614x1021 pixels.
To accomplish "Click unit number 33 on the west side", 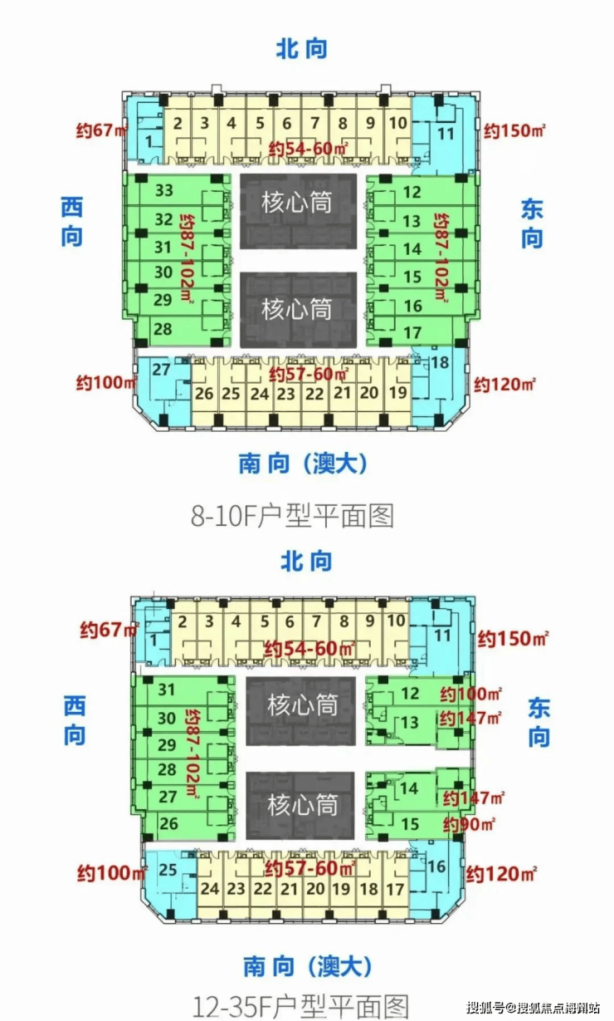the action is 163,190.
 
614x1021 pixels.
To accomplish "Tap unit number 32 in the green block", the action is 163,219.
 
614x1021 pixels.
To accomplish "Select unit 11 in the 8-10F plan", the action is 446,134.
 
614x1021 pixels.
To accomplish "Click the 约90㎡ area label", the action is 469,824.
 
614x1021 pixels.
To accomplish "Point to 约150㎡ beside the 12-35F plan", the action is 513,639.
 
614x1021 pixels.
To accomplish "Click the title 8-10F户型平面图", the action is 292,516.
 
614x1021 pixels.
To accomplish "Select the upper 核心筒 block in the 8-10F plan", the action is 298,211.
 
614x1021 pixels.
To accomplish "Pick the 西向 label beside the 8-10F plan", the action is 72,222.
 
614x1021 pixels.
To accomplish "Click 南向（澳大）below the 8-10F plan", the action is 303,464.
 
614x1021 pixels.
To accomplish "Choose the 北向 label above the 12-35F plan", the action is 306,561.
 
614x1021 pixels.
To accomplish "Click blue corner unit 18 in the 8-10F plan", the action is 440,363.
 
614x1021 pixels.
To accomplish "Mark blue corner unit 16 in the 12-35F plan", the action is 436,866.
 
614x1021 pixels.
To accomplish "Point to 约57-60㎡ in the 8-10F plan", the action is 309,375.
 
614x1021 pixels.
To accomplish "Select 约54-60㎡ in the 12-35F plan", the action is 309,649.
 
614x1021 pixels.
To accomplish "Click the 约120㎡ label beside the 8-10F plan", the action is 504,385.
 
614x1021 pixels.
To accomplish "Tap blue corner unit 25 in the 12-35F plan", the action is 168,870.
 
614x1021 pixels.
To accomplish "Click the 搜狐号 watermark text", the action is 485,1008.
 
